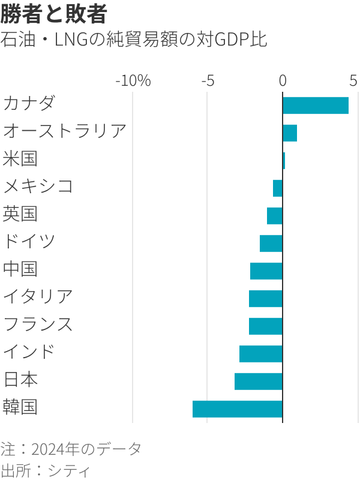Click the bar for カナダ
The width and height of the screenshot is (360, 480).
[315, 106]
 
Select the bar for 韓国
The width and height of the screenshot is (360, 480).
[237, 409]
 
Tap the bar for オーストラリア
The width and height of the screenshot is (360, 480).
[290, 133]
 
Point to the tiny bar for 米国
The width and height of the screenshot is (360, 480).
[284, 161]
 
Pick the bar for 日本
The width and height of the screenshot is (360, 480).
[258, 381]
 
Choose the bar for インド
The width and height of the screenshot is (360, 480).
[260, 353]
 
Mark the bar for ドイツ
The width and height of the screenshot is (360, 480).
[271, 244]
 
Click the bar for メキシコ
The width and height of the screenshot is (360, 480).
[277, 188]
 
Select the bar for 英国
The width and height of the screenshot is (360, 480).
[274, 216]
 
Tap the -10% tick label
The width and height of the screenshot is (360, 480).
[133, 80]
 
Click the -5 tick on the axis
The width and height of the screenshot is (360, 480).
[207, 80]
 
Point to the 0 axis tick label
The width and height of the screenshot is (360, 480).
[283, 80]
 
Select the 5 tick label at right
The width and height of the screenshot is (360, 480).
[353, 80]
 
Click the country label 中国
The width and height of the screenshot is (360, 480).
[20, 268]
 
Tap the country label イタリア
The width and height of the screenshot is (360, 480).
[38, 296]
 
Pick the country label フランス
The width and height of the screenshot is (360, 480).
[38, 324]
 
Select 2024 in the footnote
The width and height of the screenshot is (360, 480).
[49, 449]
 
